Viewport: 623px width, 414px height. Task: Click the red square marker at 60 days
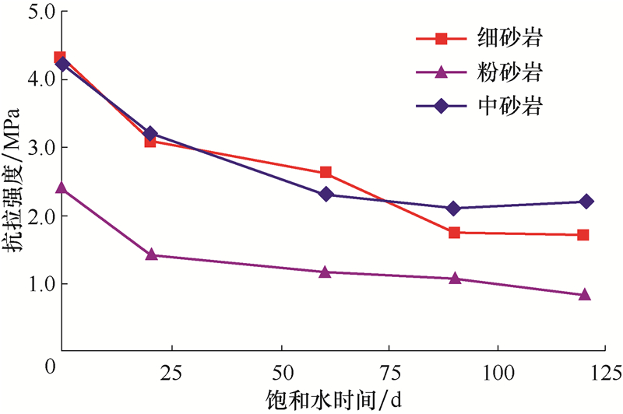(x=326, y=173)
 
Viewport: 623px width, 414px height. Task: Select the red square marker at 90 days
(x=454, y=232)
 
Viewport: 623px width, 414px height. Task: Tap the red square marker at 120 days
(x=583, y=234)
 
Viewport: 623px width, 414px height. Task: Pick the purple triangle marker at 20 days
(x=152, y=254)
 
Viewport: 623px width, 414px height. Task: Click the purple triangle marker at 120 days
(x=584, y=295)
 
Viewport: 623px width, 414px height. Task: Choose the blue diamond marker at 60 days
(x=326, y=195)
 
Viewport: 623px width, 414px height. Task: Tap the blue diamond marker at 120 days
(x=586, y=202)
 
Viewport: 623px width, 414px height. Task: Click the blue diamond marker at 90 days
(x=454, y=208)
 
